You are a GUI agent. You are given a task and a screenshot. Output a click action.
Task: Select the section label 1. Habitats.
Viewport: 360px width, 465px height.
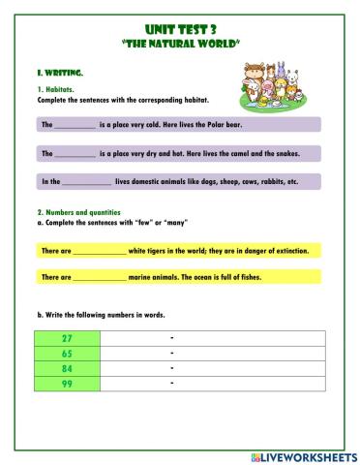coord(54,90)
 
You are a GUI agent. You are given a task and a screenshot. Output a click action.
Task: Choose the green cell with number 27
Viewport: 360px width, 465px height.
coord(68,338)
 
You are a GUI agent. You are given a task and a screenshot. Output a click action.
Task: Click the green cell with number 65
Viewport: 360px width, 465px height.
coord(68,354)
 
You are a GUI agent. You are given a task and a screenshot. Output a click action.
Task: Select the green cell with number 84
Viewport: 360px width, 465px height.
coord(68,369)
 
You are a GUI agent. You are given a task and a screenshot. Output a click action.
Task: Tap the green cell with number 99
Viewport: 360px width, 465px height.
coord(68,385)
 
